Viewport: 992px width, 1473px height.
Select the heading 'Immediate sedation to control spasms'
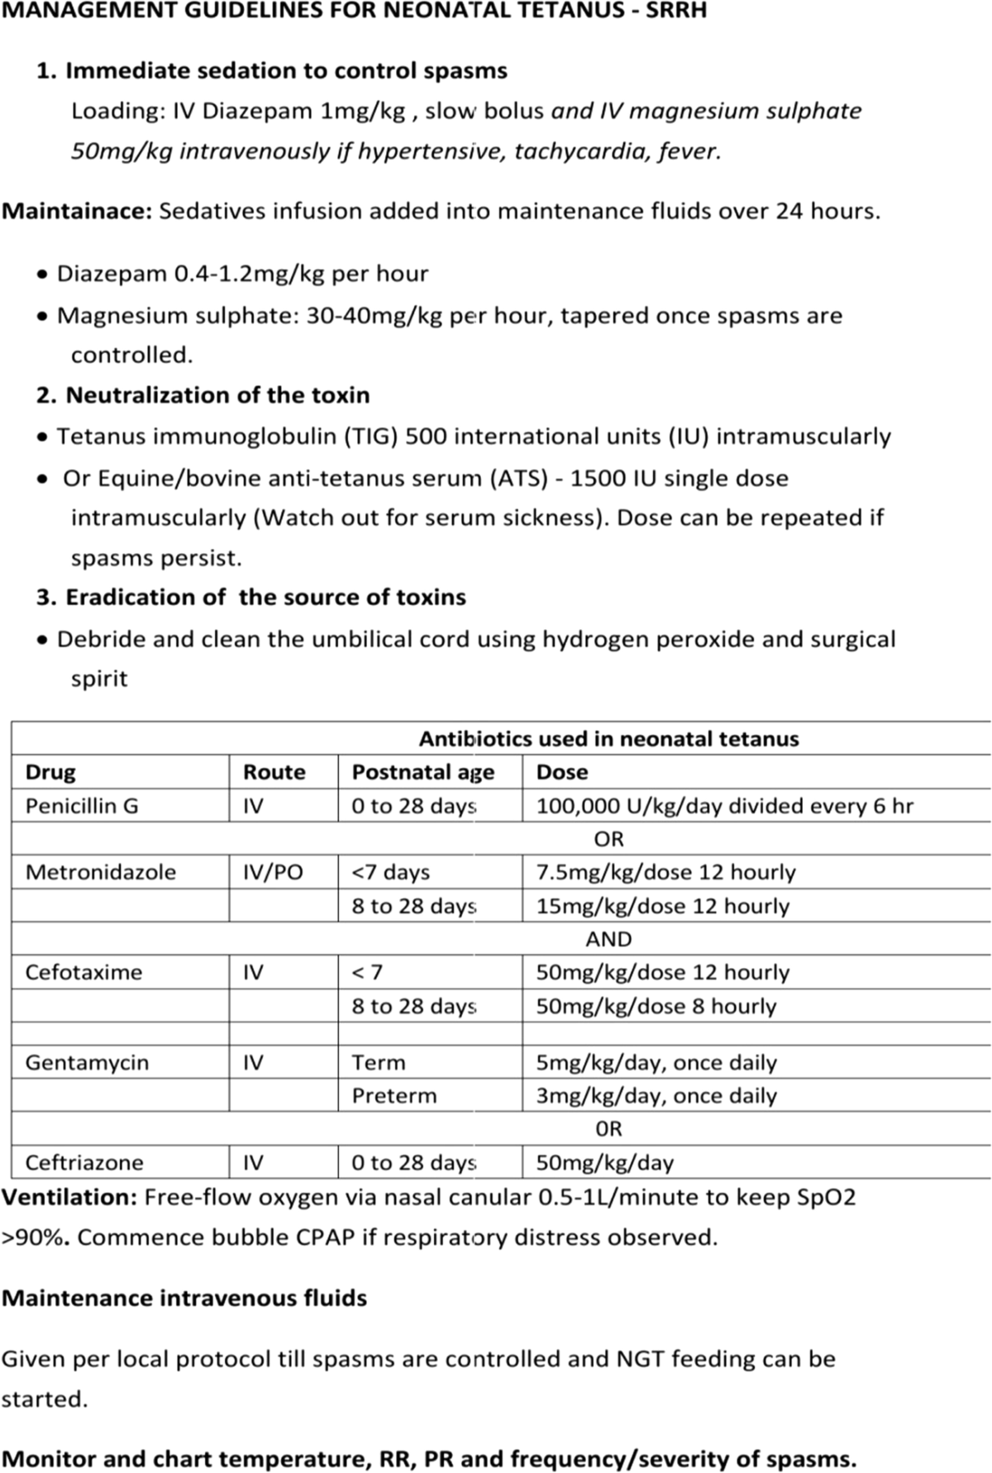[x=286, y=71]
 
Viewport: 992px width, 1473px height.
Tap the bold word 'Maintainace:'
[x=77, y=212]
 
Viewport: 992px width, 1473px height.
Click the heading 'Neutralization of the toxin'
[x=217, y=395]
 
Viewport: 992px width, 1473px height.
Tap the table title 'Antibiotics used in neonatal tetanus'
[x=608, y=739]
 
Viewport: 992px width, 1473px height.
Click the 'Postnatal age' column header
[x=422, y=772]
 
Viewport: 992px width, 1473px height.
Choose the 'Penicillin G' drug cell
[x=82, y=806]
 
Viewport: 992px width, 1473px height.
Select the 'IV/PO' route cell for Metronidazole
[x=273, y=872]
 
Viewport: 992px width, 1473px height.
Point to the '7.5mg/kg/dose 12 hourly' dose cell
[x=665, y=872]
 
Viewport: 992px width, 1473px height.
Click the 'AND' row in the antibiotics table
[x=608, y=939]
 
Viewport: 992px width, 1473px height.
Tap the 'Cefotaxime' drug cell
[x=83, y=972]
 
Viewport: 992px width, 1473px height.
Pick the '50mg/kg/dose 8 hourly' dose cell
[x=656, y=1006]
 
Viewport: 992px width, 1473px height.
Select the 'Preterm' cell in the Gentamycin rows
[x=393, y=1096]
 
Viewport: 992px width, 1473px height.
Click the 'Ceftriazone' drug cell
[x=84, y=1163]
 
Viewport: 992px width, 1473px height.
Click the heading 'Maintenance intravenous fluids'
[x=184, y=1299]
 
